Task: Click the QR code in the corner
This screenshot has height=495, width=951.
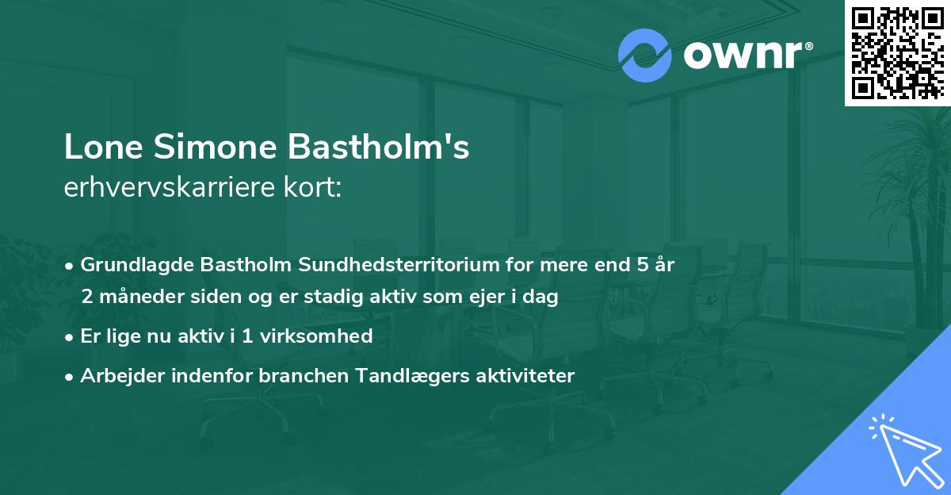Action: pos(898,52)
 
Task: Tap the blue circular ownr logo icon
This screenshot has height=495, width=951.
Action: pos(644,56)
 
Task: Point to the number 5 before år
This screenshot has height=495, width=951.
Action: pos(641,265)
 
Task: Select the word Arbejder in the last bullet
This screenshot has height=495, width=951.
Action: pos(116,376)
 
